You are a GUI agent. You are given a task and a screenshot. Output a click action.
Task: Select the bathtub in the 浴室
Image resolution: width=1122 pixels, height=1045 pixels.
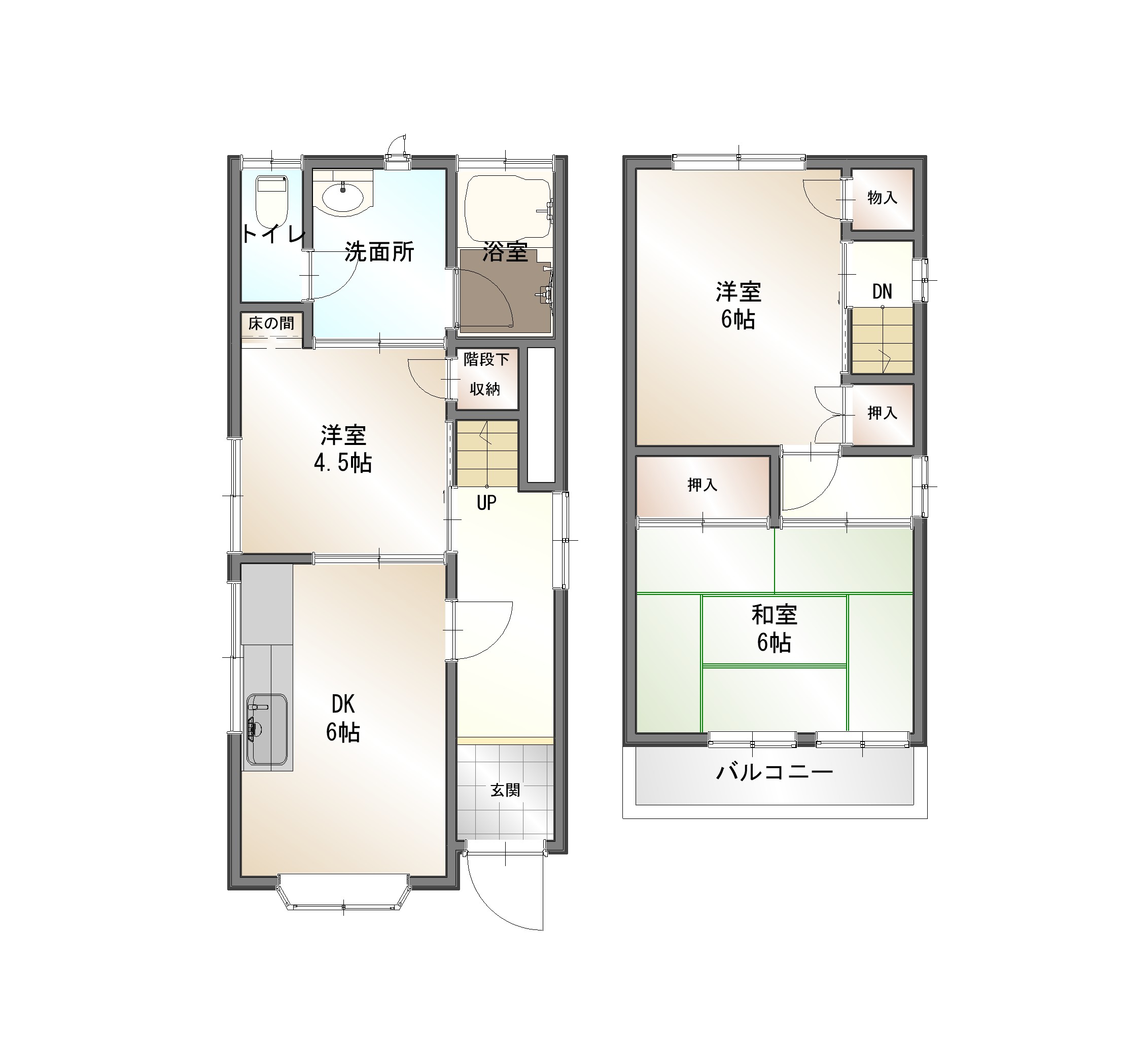click(507, 208)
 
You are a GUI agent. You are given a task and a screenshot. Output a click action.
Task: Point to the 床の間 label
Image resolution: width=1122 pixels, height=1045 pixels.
click(271, 323)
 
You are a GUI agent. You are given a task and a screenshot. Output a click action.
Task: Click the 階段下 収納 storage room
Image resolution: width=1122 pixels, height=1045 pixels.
click(486, 379)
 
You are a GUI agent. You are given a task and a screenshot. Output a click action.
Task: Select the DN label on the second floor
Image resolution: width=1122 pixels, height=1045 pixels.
click(882, 291)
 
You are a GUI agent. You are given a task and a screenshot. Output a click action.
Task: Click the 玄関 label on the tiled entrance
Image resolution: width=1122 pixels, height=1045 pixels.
click(505, 790)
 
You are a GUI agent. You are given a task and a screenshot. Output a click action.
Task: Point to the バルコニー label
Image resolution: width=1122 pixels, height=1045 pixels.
click(775, 772)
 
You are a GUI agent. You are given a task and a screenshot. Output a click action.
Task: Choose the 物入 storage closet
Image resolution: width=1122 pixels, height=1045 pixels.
click(882, 199)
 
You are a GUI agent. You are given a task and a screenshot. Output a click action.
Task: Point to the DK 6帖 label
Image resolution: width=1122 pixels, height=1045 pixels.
click(342, 719)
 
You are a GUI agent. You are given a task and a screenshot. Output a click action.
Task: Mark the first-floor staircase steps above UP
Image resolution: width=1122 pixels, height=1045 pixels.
click(487, 454)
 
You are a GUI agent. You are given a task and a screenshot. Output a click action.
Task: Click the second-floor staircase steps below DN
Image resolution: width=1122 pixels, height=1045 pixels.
click(882, 340)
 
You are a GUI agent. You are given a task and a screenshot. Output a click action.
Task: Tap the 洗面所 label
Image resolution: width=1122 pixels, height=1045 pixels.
click(379, 251)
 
